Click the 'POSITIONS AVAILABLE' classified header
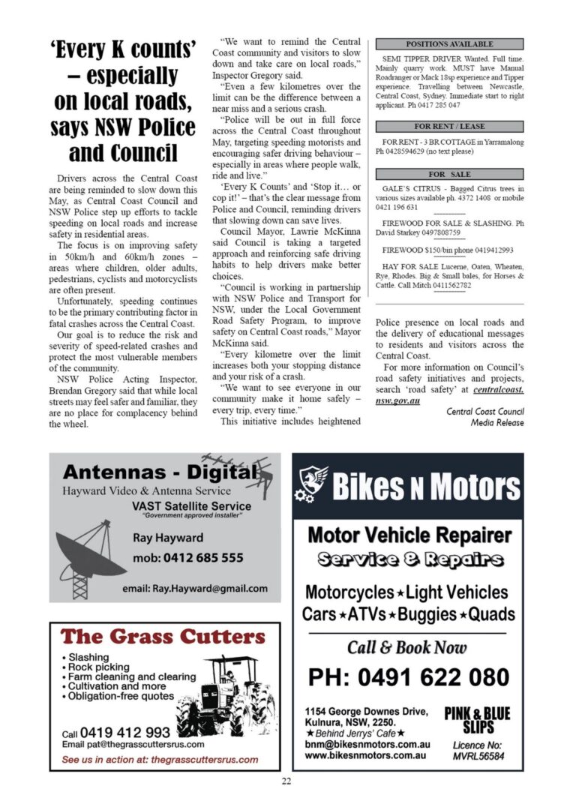pos(449,44)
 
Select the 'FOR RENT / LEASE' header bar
pos(449,127)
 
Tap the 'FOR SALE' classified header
pos(449,174)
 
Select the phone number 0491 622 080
pos(409,677)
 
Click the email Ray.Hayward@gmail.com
pos(194,588)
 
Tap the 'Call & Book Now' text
pos(407,647)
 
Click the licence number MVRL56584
pos(478,756)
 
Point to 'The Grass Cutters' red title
pos(163,637)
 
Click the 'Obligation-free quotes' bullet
pos(121,696)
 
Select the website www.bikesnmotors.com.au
pos(366,754)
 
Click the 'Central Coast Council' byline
pos(485,412)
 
